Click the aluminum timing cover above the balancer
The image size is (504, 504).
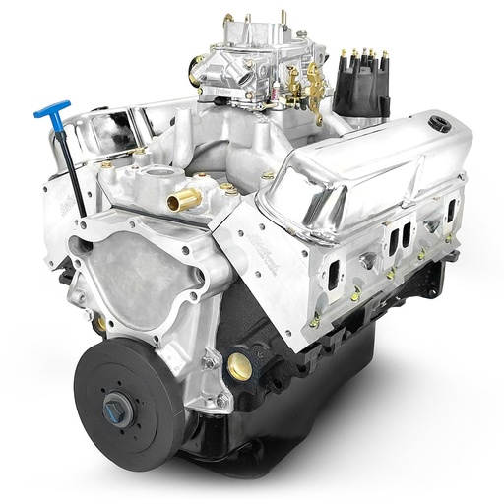148,281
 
